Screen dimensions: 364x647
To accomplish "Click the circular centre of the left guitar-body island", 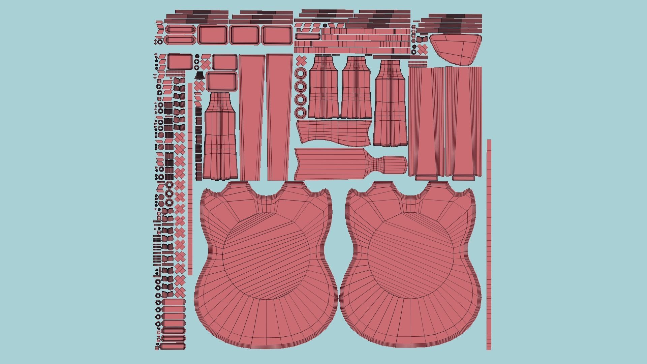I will (x=266, y=256).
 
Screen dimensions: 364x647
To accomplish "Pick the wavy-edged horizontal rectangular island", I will (x=334, y=132).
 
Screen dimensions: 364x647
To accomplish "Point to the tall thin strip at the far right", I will (x=489, y=244).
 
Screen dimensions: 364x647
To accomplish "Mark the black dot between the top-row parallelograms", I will (x=325, y=26).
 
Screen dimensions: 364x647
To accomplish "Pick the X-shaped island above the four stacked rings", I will (x=301, y=61).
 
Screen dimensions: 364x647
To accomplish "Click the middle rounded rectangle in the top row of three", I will (x=245, y=35).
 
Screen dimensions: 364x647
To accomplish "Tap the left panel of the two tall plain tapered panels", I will (x=251, y=117).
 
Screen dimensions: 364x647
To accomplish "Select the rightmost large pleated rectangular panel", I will (x=464, y=121).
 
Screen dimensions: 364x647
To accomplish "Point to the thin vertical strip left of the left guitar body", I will (x=190, y=179).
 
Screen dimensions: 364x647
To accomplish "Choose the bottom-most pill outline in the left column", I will (x=173, y=346).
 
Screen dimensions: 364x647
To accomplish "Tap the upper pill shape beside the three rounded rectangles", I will (x=181, y=30).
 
